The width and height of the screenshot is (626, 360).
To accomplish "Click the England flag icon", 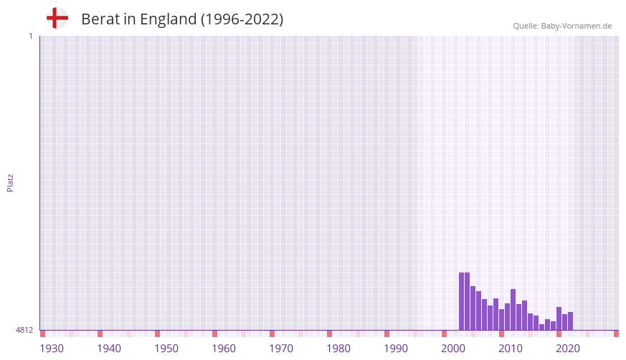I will (x=57, y=19).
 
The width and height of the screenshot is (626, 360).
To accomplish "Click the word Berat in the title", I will (x=100, y=19).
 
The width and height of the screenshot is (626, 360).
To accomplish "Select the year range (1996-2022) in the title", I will (x=242, y=19).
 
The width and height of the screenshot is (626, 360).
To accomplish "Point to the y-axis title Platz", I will (x=10, y=182).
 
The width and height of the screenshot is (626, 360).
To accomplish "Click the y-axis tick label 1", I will (x=30, y=36).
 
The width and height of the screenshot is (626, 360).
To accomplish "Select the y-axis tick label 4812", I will (x=24, y=330).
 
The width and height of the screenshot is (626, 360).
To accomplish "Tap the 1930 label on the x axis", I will (x=52, y=349).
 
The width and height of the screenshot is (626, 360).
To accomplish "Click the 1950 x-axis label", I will (x=166, y=349).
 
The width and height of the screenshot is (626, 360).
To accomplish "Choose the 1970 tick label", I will (x=281, y=349).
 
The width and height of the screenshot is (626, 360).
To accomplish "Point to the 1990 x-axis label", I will (x=396, y=349).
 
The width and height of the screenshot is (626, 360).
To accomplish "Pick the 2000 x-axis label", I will (x=453, y=349).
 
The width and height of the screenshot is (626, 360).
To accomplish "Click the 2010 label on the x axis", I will (x=511, y=349).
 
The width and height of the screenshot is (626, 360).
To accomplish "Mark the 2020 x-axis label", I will (x=568, y=349).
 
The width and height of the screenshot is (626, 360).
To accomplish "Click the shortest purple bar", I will (x=542, y=327).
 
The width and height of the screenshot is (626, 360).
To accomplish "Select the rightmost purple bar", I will (x=571, y=321).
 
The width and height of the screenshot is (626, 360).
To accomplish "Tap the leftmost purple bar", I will (x=462, y=301).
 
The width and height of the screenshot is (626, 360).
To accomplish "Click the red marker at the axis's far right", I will (x=616, y=333).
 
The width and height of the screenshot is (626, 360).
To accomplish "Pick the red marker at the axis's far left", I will (x=42, y=333).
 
